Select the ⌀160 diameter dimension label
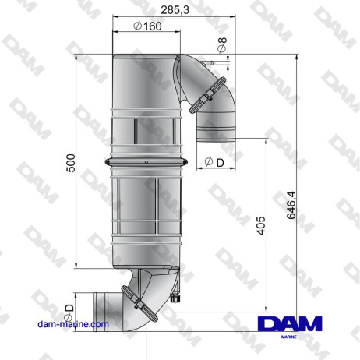(147, 26)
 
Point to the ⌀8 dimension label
(224, 45)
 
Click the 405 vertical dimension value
(261, 226)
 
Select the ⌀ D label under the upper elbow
(214, 161)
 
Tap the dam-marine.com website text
(75, 323)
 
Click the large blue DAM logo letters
(289, 324)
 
